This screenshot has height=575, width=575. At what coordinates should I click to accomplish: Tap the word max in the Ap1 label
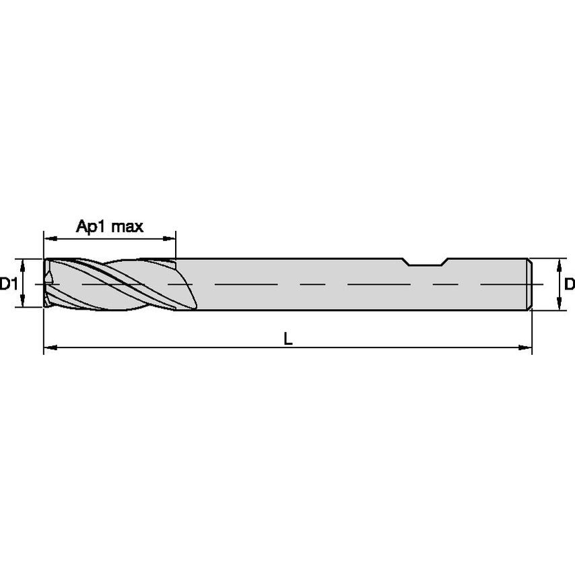click(x=127, y=227)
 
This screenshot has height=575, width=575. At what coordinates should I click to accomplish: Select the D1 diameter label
click(x=8, y=285)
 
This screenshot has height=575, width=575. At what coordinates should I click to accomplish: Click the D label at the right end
click(x=569, y=285)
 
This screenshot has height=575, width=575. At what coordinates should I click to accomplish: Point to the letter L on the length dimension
click(x=287, y=340)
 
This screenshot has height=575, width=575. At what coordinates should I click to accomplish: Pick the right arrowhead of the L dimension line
click(x=527, y=348)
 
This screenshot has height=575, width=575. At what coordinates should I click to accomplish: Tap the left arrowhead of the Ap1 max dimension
click(x=48, y=238)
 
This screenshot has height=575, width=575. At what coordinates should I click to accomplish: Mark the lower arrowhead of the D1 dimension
click(x=23, y=305)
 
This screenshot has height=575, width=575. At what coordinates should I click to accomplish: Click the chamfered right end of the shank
click(x=529, y=284)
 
